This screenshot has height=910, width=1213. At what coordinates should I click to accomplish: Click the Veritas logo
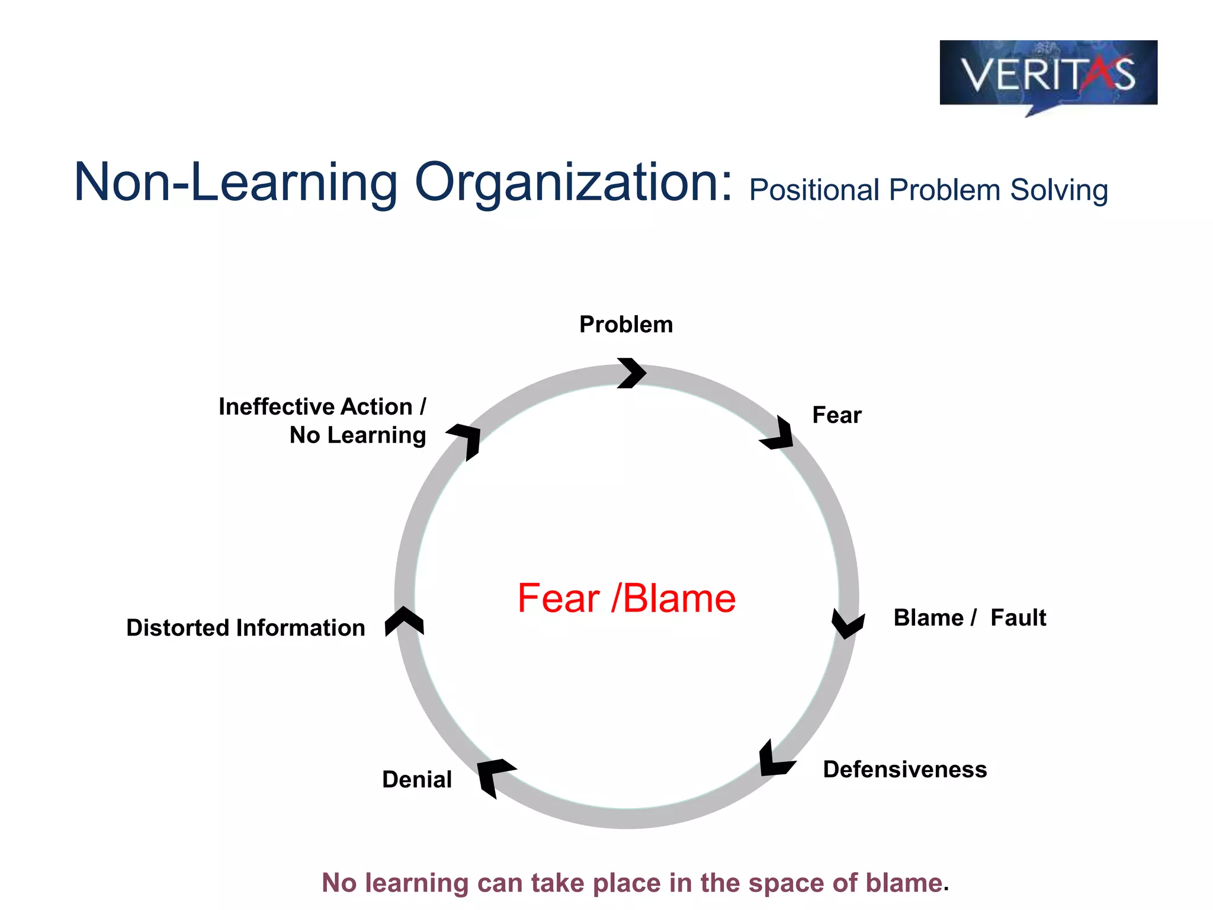1048,74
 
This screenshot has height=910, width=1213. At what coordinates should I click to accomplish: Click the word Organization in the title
573,183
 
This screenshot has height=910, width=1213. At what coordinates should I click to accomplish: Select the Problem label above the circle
626,325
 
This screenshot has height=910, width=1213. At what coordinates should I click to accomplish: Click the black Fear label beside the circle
836,415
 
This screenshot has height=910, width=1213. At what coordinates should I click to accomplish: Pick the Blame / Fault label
970,618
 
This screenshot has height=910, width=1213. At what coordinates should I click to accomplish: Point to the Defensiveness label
904,770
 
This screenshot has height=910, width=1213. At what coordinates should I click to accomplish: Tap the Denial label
417,780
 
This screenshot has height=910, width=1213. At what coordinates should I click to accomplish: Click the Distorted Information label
246,628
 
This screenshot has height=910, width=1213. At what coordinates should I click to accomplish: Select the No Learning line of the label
357,435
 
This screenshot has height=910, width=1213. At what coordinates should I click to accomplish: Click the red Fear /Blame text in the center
626,598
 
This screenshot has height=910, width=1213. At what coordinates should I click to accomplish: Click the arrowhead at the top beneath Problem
631,373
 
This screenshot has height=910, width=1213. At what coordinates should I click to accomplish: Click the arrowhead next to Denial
494,775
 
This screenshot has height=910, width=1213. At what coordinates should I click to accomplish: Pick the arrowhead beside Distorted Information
404,621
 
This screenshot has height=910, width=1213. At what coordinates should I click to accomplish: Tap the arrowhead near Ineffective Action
466,439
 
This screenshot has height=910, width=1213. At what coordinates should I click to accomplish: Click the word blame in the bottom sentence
904,883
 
